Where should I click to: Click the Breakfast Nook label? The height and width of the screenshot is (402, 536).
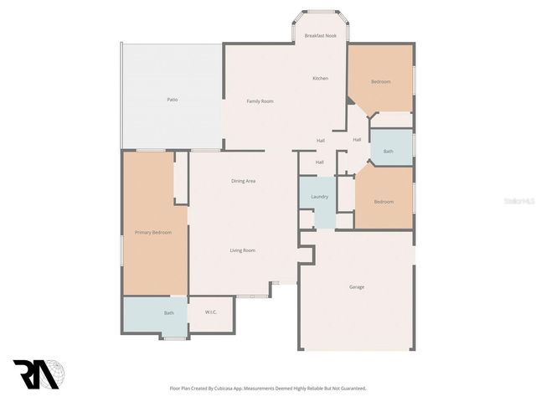click(320, 36)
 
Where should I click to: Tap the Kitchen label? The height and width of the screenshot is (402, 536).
click(320, 78)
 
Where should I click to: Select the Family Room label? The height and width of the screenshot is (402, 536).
click(260, 101)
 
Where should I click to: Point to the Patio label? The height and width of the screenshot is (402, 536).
click(172, 100)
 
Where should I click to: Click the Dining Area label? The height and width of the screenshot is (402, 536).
click(243, 181)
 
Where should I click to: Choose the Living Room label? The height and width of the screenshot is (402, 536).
click(243, 250)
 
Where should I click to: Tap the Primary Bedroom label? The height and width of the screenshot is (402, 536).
click(153, 232)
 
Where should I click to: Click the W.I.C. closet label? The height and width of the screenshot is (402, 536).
click(211, 312)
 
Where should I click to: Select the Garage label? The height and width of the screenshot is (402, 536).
click(357, 287)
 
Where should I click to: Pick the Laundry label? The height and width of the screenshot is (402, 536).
click(319, 197)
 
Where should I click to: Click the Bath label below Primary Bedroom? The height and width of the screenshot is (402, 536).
click(169, 313)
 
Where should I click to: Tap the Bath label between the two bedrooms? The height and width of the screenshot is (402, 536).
click(389, 152)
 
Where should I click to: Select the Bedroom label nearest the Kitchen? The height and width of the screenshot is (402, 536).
click(381, 81)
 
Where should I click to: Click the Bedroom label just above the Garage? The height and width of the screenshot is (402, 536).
click(384, 202)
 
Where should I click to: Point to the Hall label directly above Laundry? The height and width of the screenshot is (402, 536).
click(320, 162)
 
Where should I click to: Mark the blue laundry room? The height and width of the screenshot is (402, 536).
click(319, 205)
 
